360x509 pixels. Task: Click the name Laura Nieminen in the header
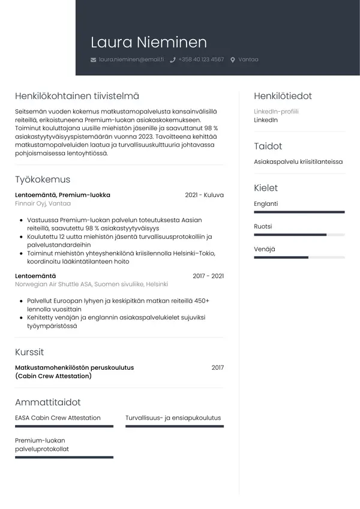click(148, 43)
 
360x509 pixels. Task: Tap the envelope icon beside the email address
click(93, 60)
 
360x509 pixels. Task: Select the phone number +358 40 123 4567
click(201, 59)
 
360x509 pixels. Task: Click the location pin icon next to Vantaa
click(233, 60)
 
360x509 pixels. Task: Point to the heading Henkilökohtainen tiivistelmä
click(77, 96)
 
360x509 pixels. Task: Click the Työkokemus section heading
click(43, 179)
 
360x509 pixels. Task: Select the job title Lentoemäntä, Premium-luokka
click(62, 195)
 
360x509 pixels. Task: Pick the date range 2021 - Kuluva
click(204, 195)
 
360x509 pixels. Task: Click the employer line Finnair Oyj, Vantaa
click(43, 203)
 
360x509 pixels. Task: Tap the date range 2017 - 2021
click(208, 276)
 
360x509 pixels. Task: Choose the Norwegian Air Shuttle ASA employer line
click(91, 285)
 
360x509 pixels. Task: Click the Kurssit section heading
click(29, 352)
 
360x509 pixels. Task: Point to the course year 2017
click(217, 367)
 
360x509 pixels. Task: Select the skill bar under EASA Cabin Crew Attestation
click(64, 426)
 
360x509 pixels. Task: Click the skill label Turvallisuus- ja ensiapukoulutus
click(173, 418)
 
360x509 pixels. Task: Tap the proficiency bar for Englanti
click(299, 212)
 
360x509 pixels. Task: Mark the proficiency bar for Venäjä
click(299, 257)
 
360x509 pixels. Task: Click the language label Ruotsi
click(263, 226)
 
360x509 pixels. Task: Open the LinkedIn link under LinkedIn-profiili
click(266, 120)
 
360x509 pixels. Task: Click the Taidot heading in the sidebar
click(268, 146)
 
